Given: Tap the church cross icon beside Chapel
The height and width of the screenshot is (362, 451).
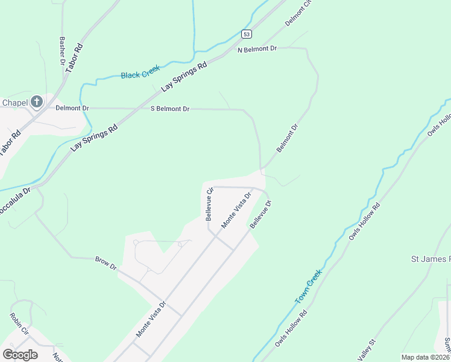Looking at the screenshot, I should point(36,102).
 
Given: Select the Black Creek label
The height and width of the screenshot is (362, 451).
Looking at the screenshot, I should point(140,74).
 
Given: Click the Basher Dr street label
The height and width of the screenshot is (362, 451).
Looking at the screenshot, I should point(61,51).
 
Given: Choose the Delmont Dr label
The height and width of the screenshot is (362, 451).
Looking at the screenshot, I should point(72,108).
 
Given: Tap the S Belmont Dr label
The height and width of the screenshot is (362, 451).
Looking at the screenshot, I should point(170,109).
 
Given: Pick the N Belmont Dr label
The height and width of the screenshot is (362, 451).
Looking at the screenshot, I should point(257,49).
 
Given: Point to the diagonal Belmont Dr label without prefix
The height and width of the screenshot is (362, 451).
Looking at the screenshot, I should point(288,138).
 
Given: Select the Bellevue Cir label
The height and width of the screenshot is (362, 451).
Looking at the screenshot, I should point(209,204).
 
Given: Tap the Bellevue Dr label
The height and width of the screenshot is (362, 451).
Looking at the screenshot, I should point(261,215).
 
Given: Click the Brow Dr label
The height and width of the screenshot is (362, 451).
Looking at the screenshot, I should point(106,263).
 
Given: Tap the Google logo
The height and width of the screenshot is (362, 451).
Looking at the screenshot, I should point(20,354).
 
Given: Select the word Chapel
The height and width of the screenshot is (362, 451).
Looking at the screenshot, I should point(15,103).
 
